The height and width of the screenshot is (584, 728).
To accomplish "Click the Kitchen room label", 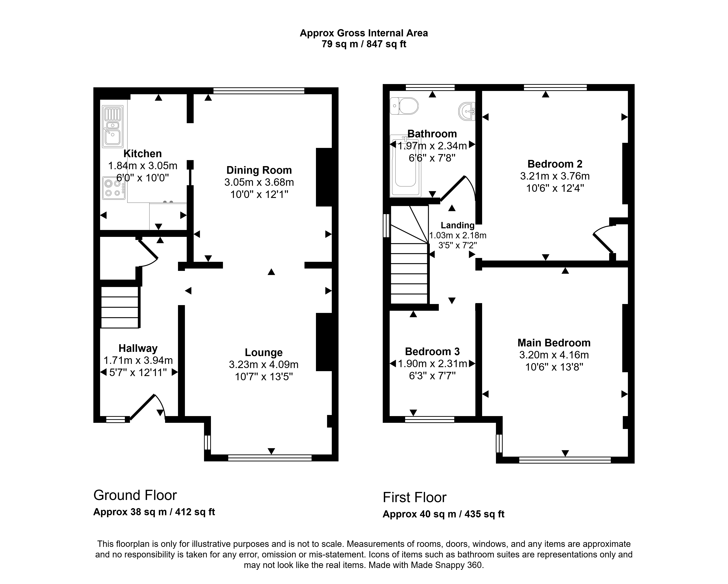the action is click(143, 154).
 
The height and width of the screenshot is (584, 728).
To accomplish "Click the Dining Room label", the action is click(259, 170).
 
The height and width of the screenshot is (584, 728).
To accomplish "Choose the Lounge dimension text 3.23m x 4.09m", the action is click(264, 365).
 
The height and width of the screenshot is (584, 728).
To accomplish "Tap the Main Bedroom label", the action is click(554, 343).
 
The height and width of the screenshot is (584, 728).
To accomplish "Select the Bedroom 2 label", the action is click(555, 164).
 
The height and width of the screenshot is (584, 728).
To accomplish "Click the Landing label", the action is click(458, 225).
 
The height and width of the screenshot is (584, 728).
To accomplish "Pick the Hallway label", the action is click(138, 348).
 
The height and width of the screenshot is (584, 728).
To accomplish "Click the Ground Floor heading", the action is click(135, 495).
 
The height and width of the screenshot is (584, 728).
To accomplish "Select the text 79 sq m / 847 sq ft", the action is click(364, 44).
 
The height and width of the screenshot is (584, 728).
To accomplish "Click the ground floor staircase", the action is click(120, 307).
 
